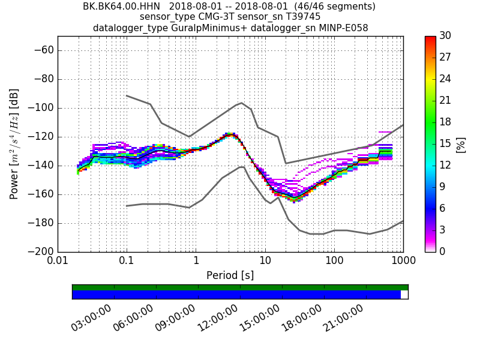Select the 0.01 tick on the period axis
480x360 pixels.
point(58,262)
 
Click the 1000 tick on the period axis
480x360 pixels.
point(403,262)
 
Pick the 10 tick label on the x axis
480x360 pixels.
point(265,262)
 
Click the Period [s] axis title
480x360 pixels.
point(230,275)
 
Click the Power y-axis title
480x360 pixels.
point(14,144)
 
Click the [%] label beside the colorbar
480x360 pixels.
point(461,145)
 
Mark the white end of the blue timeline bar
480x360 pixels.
point(404,295)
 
